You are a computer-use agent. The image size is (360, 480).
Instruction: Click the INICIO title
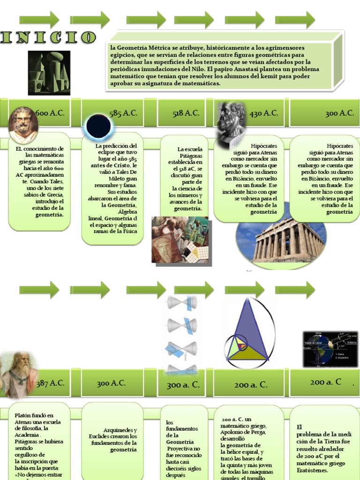coord(48,37)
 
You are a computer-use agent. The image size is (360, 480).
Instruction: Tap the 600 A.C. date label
coord(50,113)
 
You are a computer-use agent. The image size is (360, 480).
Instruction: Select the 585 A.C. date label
coord(123,113)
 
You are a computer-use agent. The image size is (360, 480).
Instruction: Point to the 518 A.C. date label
coord(186,113)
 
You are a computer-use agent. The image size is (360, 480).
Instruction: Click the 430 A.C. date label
coord(263,113)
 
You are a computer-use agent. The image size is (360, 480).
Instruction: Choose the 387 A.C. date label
coord(50,383)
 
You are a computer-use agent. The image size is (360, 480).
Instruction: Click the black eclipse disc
coord(98,126)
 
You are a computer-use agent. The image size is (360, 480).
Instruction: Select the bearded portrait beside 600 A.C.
coord(22,125)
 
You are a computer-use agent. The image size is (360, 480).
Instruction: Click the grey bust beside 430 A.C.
coord(231,123)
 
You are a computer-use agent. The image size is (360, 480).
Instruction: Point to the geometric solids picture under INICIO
coord(49,73)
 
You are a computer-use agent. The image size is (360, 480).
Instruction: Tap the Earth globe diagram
coord(330,349)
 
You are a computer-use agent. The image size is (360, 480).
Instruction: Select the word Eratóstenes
coord(312,470)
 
